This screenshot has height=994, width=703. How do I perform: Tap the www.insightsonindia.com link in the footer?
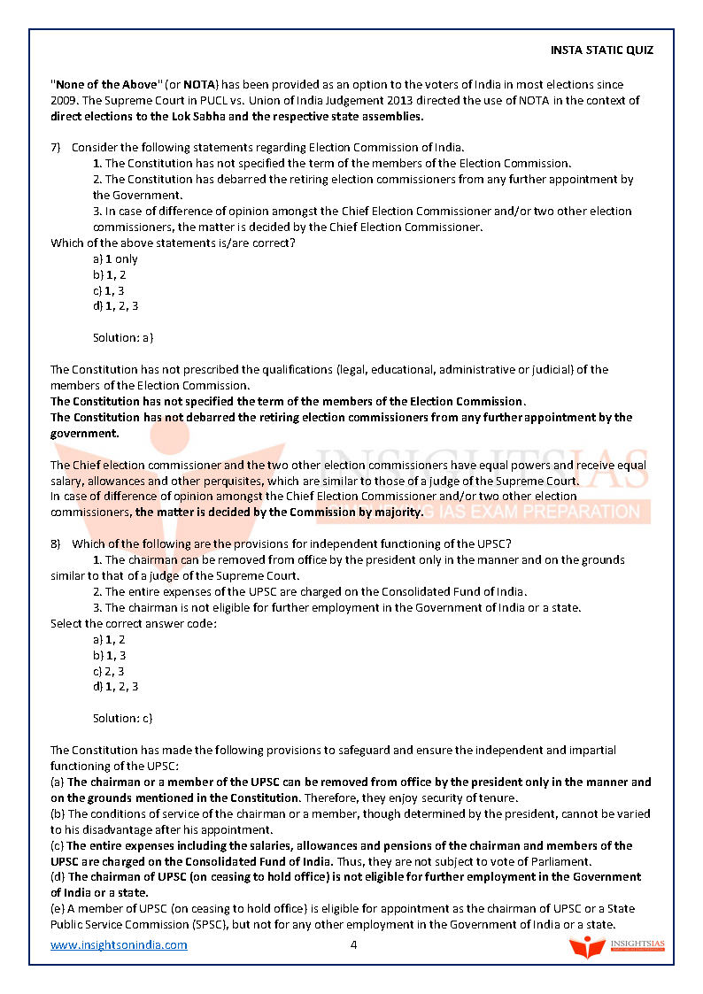coord(119,944)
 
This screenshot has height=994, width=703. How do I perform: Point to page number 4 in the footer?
coord(353,944)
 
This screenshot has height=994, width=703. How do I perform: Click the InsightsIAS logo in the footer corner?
coord(617,946)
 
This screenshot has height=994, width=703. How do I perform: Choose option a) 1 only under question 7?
coord(115,259)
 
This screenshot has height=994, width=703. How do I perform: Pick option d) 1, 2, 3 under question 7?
coord(115,306)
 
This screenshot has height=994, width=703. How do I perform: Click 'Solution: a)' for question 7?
coord(123,338)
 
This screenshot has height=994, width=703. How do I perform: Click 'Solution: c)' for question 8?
coord(123,718)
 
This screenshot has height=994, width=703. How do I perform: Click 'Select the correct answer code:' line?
coord(134,623)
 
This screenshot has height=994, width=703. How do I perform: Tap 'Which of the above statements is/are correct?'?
coord(173,243)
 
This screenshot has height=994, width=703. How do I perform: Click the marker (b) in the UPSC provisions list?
coord(58,813)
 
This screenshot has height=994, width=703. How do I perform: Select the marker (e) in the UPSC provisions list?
coord(58,909)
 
